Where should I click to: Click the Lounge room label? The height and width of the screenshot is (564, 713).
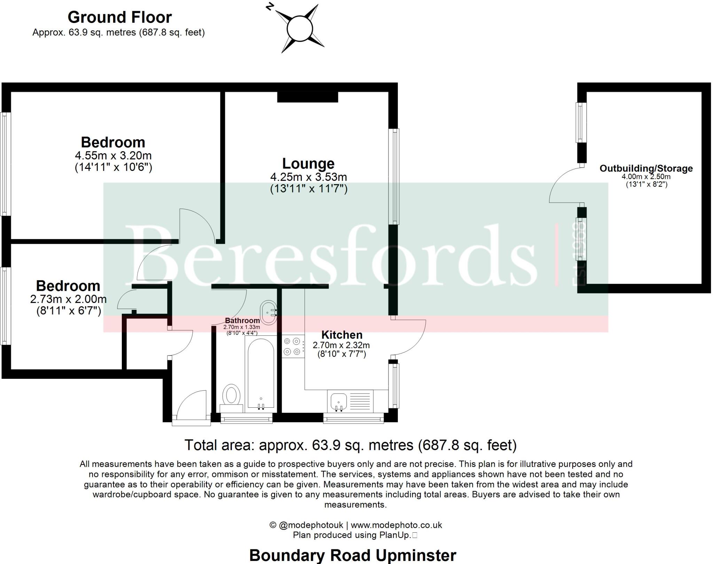[308, 164]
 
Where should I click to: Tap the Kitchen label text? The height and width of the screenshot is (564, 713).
[342, 335]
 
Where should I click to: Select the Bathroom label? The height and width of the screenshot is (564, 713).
[242, 320]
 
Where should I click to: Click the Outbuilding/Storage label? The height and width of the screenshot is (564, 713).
[646, 169]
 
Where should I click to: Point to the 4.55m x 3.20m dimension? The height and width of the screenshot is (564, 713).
[113, 155]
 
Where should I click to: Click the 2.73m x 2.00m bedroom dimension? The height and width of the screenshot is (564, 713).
[68, 299]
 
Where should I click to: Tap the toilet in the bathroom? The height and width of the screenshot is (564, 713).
[231, 397]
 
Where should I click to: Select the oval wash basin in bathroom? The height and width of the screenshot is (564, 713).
[268, 312]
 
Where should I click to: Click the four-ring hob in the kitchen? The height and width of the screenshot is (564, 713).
[292, 346]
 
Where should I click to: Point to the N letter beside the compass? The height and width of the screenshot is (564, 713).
[269, 7]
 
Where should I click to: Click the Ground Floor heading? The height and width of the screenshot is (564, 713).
[119, 17]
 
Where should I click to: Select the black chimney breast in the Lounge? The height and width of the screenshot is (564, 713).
[307, 97]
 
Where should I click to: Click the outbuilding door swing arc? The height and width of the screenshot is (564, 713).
[564, 185]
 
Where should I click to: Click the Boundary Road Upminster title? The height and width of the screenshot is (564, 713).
[352, 555]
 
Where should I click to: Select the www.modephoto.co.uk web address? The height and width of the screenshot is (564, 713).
[396, 525]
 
